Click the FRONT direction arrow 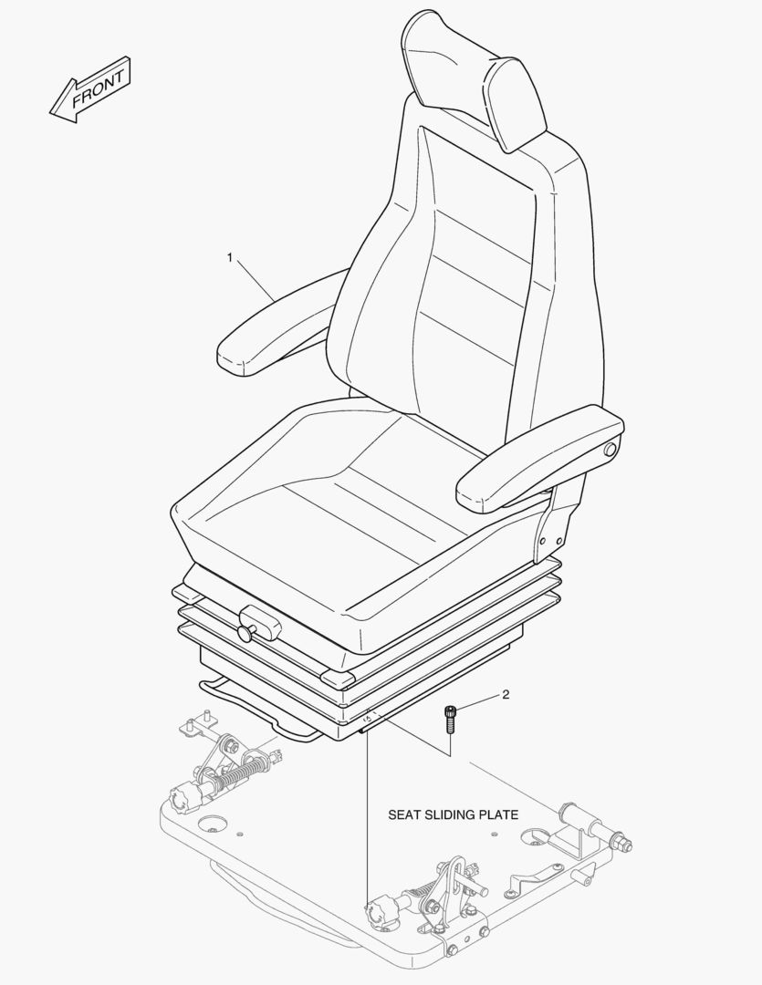[x=90, y=89]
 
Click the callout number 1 [x=230, y=257]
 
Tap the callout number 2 [x=506, y=694]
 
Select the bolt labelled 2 [x=450, y=720]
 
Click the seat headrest [x=475, y=78]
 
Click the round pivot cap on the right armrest [x=610, y=450]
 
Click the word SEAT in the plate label [x=402, y=814]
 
